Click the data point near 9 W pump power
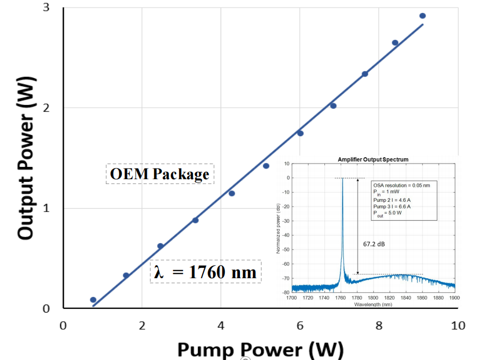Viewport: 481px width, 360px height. coord(422,16)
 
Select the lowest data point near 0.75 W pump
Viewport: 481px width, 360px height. coord(93,300)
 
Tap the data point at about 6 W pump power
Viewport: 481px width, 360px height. coord(300,133)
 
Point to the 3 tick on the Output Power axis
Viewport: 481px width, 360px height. coord(47,8)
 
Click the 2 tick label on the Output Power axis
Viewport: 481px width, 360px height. coord(47,108)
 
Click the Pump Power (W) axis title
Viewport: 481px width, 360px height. coord(260,349)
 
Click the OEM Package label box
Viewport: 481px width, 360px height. coord(159,174)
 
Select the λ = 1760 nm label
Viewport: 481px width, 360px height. coord(206,272)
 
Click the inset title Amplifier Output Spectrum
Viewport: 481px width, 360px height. coord(373,159)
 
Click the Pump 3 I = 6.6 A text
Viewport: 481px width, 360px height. coord(392,205)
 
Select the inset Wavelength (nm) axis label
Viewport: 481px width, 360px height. coord(373,304)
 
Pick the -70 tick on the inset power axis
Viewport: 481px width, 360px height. coord(286,279)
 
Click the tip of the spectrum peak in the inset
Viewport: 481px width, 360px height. coord(342,179)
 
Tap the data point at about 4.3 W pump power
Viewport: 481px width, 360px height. coord(231,193)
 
